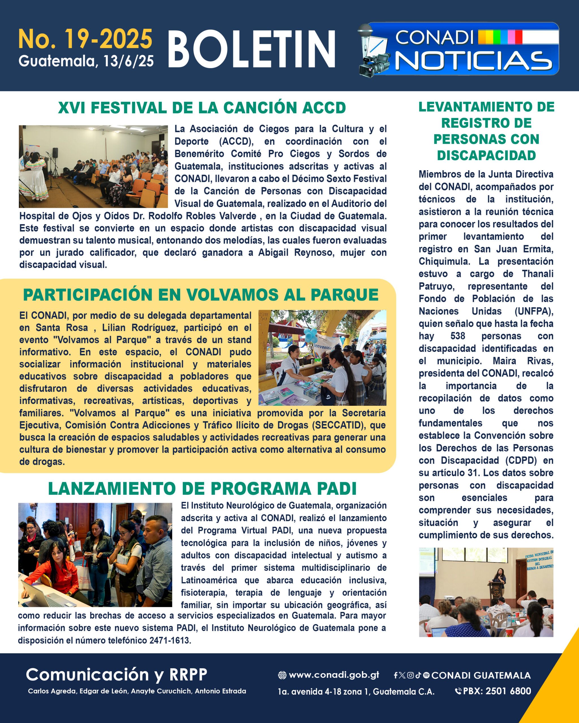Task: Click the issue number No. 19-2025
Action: pyautogui.click(x=85, y=39)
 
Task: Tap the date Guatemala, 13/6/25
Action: pyautogui.click(x=86, y=61)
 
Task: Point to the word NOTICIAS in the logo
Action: pyautogui.click(x=474, y=61)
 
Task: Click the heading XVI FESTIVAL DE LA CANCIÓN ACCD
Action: pyautogui.click(x=202, y=108)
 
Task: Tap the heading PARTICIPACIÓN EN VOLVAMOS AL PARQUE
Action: pyautogui.click(x=201, y=295)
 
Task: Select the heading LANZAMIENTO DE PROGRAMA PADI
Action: pyautogui.click(x=202, y=489)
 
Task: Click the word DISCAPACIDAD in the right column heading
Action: pyautogui.click(x=486, y=155)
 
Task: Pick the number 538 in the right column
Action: pyautogui.click(x=457, y=336)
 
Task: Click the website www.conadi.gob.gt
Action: pyautogui.click(x=334, y=675)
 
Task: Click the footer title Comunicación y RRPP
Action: pyautogui.click(x=116, y=674)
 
